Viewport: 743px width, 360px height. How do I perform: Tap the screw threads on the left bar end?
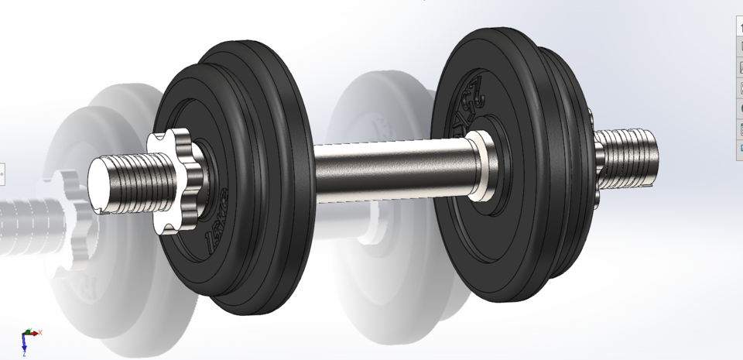(139, 181)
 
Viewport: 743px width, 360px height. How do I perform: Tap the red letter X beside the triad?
(40, 332)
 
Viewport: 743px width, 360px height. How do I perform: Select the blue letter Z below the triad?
(24, 355)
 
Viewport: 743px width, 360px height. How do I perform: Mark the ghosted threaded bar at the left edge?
(23, 225)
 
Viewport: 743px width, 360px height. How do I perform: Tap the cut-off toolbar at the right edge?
(738, 85)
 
